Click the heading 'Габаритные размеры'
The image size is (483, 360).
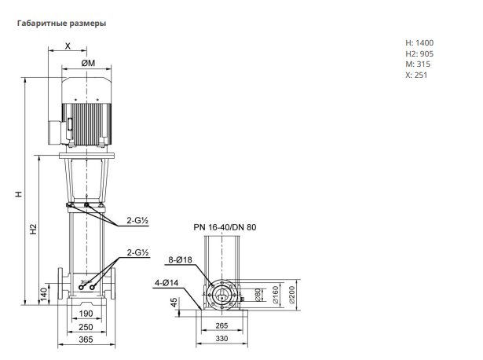pyautogui.click(x=61, y=24)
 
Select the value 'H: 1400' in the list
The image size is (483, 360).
pyautogui.click(x=419, y=43)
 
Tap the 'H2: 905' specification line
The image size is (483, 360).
pyautogui.click(x=419, y=54)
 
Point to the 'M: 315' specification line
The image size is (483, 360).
pyautogui.click(x=418, y=64)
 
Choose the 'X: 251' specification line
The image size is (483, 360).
pyautogui.click(x=416, y=75)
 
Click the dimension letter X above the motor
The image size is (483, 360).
pyautogui.click(x=68, y=46)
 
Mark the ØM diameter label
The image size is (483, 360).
pyautogui.click(x=88, y=63)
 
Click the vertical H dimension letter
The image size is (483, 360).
pyautogui.click(x=19, y=194)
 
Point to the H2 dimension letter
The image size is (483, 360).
pyautogui.click(x=33, y=229)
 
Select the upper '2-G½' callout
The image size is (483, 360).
pyautogui.click(x=137, y=220)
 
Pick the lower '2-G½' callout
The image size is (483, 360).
pyautogui.click(x=138, y=252)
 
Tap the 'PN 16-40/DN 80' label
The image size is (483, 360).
pyautogui.click(x=225, y=227)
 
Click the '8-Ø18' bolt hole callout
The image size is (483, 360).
pyautogui.click(x=180, y=260)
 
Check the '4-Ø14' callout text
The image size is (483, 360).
pyautogui.click(x=166, y=283)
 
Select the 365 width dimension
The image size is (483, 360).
pyautogui.click(x=86, y=340)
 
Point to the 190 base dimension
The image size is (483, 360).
pyautogui.click(x=86, y=314)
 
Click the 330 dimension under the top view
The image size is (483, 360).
pyautogui.click(x=221, y=339)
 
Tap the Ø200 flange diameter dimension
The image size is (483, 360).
pyautogui.click(x=291, y=295)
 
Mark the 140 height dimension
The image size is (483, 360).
pyautogui.click(x=44, y=294)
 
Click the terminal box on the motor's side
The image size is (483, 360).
pyautogui.click(x=56, y=132)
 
